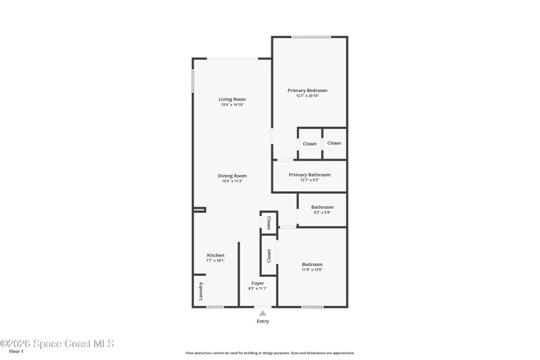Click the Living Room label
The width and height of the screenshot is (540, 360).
pos(232,99)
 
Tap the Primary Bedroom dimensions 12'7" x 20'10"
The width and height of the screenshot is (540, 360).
pos(308,96)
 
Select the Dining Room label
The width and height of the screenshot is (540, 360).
pos(232,176)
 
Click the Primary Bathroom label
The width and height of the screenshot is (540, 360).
pos(310,175)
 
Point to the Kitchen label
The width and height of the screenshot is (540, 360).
pos(215,255)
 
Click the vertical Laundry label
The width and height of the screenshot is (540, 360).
pos(200,291)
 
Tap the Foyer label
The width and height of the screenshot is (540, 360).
pos(258,283)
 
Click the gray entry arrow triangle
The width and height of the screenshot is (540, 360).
pos(263,313)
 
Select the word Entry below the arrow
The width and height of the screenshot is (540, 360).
pos(263,321)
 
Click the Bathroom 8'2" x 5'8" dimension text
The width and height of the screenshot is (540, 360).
pos(323,213)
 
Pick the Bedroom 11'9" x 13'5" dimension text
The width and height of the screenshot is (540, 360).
pos(312,269)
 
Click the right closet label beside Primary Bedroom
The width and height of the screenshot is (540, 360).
pos(334,143)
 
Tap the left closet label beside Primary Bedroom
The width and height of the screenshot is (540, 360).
pos(310,144)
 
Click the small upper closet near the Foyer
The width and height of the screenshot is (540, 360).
pos(269,223)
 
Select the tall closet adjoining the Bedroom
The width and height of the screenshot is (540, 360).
pos(269,255)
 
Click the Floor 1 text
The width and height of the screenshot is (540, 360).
pos(16,351)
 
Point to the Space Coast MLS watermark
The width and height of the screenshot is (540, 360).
pos(57,344)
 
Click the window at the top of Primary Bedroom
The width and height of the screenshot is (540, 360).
pos(311,37)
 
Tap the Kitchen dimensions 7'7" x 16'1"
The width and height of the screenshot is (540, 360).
pos(215,261)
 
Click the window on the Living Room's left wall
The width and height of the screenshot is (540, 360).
pos(193,81)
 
